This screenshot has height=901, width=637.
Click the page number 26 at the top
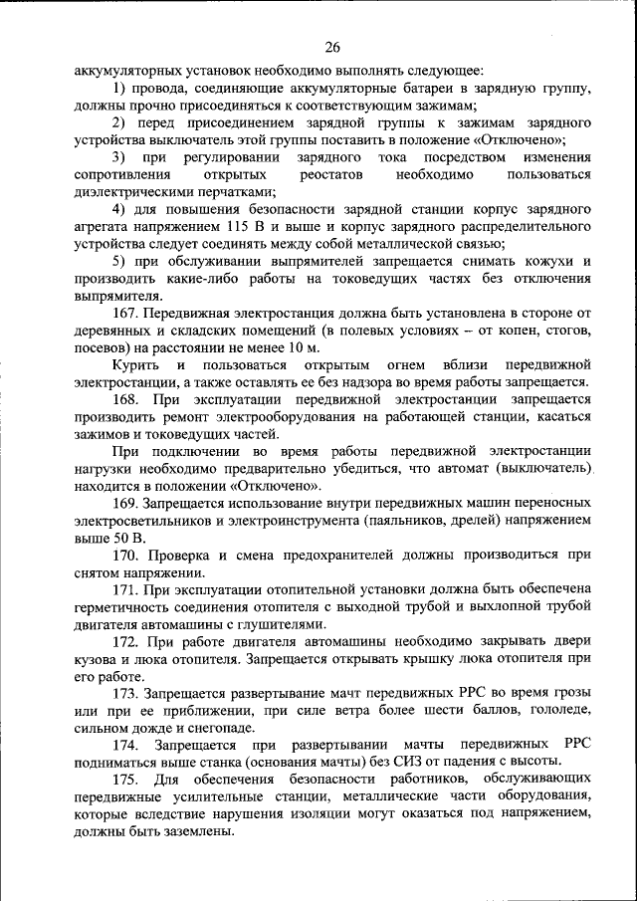(x=332, y=47)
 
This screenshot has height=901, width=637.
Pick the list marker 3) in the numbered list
(x=118, y=157)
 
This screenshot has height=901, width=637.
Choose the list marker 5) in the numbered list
(x=118, y=262)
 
